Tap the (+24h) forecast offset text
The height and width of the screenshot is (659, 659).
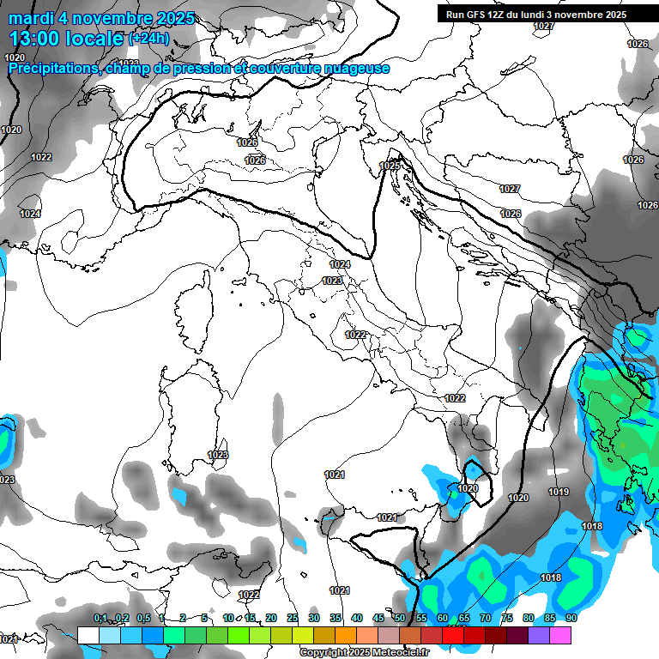pyautogui.click(x=148, y=39)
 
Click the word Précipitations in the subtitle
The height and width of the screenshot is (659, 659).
pyautogui.click(x=51, y=68)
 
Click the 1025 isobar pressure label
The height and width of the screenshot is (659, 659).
pyautogui.click(x=390, y=165)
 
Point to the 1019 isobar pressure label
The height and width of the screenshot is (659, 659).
pyautogui.click(x=559, y=492)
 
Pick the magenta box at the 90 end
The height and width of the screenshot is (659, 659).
pyautogui.click(x=560, y=636)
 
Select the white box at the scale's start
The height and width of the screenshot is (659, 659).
pyautogui.click(x=88, y=636)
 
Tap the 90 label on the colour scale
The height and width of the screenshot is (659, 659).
pyautogui.click(x=571, y=619)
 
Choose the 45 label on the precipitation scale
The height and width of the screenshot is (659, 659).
pyautogui.click(x=378, y=619)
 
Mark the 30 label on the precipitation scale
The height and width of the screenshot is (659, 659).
pyautogui.click(x=314, y=619)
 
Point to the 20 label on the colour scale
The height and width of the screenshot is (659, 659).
pyautogui.click(x=271, y=619)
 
